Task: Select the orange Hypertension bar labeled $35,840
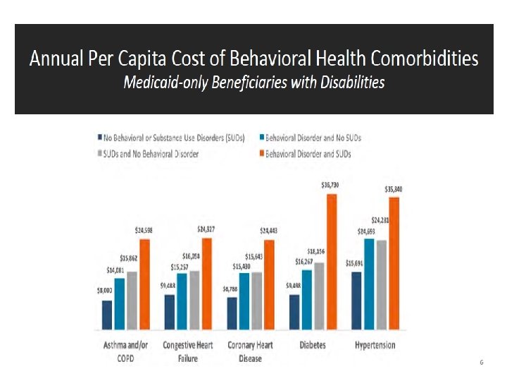point(394,262)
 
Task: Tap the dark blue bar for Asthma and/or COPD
point(107,315)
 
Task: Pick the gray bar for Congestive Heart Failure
point(195,300)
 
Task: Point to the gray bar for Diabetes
point(318,296)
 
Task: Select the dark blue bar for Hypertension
point(356,300)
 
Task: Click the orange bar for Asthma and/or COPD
point(145,284)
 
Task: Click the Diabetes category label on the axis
point(312,346)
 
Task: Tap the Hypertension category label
point(375,346)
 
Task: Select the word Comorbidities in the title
point(411,59)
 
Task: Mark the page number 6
point(481,362)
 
